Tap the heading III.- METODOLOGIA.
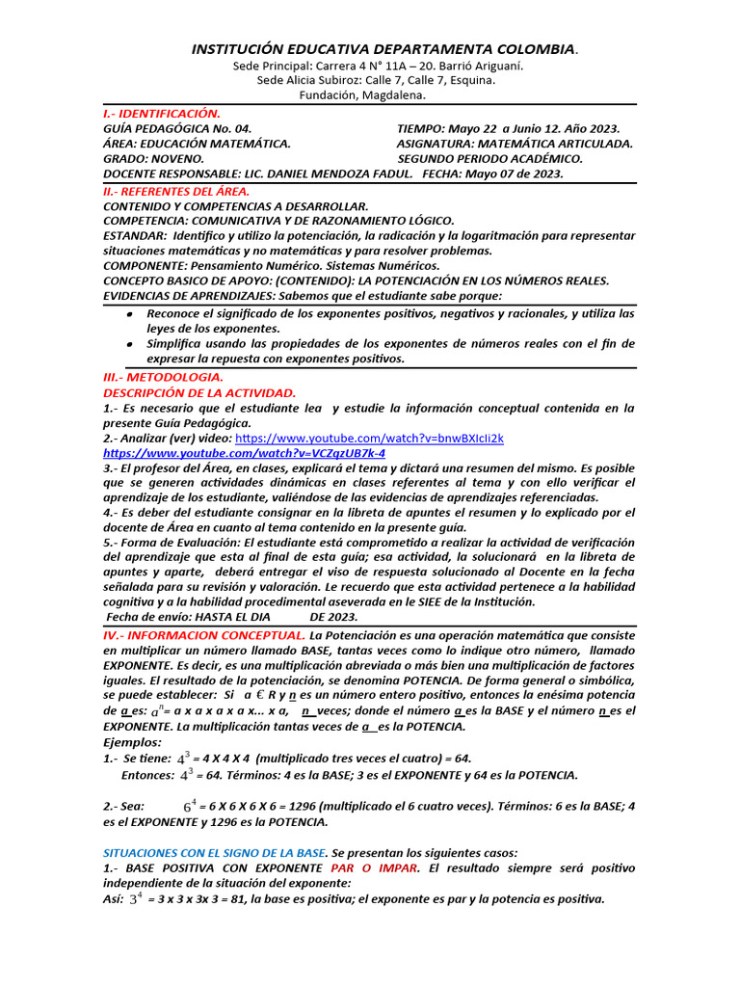(x=163, y=378)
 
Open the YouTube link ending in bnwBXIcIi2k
(x=369, y=438)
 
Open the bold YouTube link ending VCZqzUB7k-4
(x=244, y=453)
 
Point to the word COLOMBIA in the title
(x=528, y=48)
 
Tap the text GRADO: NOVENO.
(x=153, y=158)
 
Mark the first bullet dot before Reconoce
(x=130, y=314)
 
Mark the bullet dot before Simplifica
(x=130, y=344)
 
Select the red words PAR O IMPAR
(x=374, y=867)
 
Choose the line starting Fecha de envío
(x=231, y=617)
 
